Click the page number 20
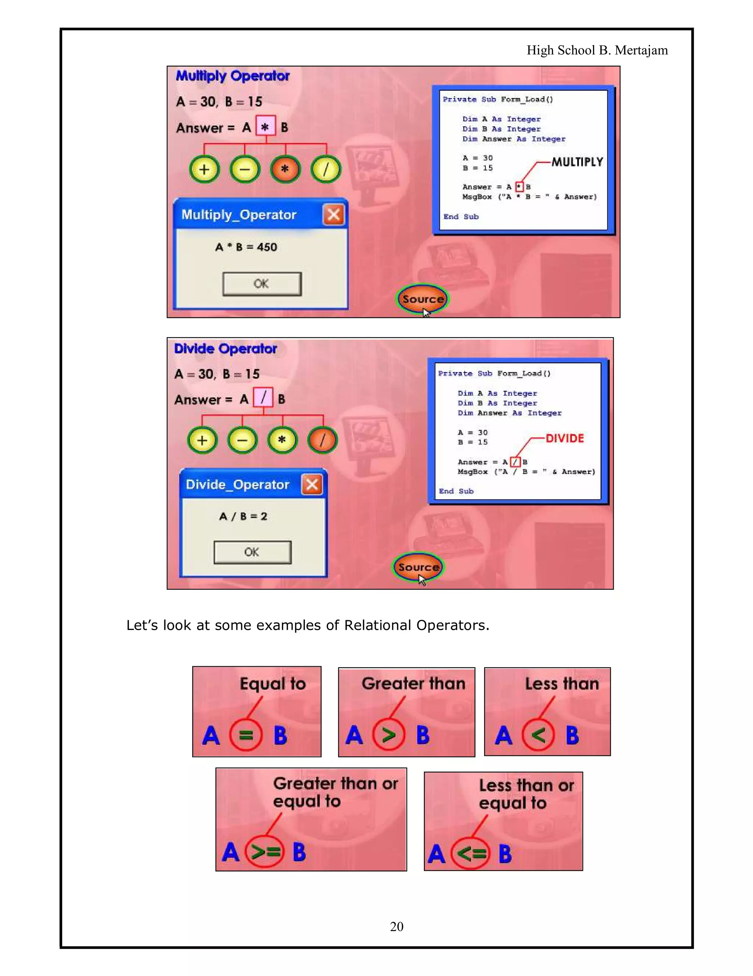point(396,926)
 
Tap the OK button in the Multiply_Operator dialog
point(261,284)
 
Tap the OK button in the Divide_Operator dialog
point(252,552)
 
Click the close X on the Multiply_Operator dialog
point(333,215)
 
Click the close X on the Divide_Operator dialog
point(312,484)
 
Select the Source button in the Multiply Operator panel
point(422,299)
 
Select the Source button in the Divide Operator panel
point(418,567)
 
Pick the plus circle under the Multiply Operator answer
point(204,169)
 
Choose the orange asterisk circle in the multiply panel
point(285,169)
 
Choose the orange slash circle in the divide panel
point(322,440)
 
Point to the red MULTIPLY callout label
point(577,162)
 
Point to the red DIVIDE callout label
point(565,438)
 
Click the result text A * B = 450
point(246,247)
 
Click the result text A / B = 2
point(243,517)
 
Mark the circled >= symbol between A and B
point(265,852)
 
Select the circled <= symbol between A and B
point(471,854)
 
